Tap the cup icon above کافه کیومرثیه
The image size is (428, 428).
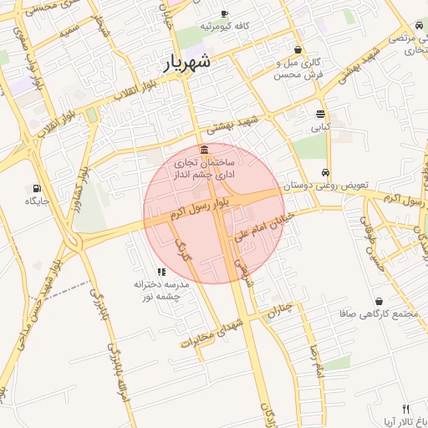[224, 13]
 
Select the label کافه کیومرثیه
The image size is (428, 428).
[224, 26]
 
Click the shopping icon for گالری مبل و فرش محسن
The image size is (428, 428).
[298, 49]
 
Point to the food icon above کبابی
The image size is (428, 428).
[321, 115]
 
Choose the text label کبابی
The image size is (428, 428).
[321, 128]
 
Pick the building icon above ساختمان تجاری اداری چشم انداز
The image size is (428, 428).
[205, 149]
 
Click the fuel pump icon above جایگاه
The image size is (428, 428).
[38, 188]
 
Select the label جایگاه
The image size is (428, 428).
[38, 201]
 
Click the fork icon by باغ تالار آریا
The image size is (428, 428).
[406, 410]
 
